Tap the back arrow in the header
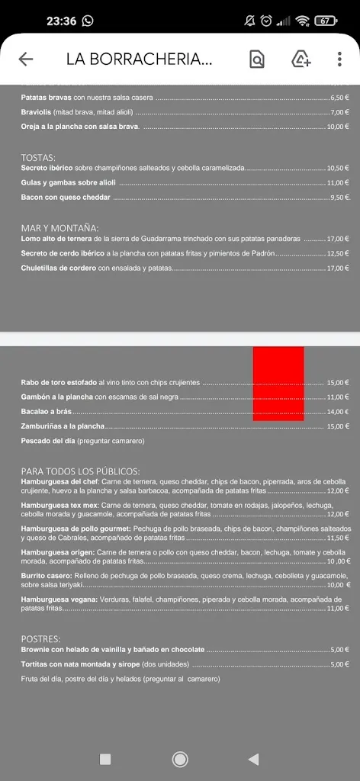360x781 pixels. coord(26,59)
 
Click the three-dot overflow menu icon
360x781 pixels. coord(339,59)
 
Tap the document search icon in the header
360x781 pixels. coord(257,59)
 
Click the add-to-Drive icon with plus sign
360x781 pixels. coord(301,59)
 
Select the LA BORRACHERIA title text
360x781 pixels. coord(139,59)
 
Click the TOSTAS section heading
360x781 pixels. coord(38,157)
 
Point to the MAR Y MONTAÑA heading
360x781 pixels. coord(59,228)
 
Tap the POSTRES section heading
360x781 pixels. coord(40,638)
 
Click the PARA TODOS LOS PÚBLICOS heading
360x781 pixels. coord(80,471)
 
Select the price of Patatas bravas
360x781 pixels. coord(339,98)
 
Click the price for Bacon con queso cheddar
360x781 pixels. coord(339,198)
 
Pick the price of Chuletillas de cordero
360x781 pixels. coord(338,268)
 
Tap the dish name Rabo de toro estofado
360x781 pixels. coord(59,383)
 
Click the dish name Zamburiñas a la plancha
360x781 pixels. coord(63,426)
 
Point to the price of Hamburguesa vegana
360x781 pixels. coord(338,609)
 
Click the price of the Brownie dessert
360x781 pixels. coord(339,650)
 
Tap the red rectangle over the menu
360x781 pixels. coord(278,383)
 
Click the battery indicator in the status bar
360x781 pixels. coord(326,21)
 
